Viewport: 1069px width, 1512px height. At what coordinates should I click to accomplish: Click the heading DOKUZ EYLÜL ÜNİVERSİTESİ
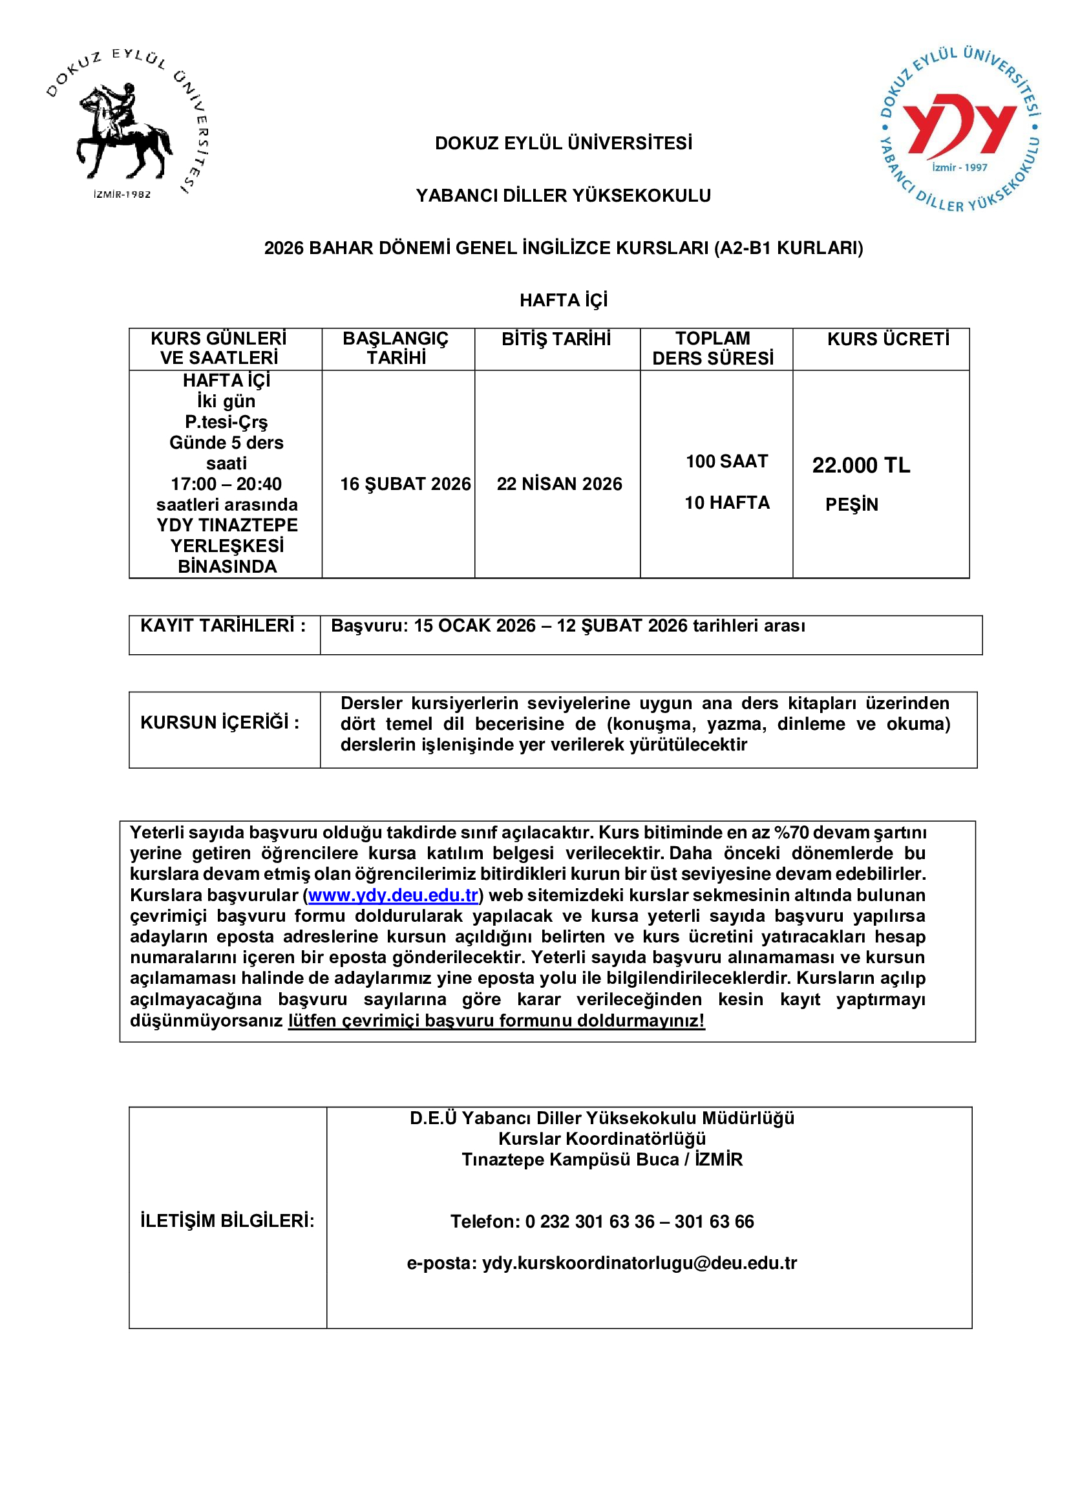[x=564, y=144]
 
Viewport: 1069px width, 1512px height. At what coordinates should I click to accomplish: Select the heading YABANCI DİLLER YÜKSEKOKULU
[x=564, y=196]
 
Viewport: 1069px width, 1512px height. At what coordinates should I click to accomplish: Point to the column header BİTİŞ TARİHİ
[x=556, y=339]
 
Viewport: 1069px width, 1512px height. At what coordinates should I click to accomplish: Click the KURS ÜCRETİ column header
[x=888, y=339]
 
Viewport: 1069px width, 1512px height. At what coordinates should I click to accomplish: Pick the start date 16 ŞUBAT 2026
[x=405, y=484]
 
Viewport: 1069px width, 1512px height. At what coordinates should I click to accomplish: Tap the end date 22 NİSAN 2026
[x=559, y=484]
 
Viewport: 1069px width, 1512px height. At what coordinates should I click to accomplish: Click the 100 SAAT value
[x=726, y=462]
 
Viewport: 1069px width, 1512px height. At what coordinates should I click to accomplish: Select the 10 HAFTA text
[x=726, y=503]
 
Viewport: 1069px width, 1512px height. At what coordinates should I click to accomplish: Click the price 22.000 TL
[x=860, y=465]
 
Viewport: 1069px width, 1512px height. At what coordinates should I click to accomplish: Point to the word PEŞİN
[x=852, y=504]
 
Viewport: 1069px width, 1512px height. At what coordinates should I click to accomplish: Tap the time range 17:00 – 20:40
[x=226, y=484]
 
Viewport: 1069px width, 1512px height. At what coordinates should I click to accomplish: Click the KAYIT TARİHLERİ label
[x=223, y=626]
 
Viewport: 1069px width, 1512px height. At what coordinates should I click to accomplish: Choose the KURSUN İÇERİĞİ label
[x=220, y=723]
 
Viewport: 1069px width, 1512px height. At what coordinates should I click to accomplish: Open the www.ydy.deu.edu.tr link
[x=393, y=895]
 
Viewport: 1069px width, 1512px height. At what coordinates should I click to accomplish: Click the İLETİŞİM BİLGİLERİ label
[x=227, y=1221]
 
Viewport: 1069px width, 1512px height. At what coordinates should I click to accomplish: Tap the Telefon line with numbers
[x=602, y=1222]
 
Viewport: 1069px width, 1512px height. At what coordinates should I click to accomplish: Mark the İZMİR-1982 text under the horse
[x=122, y=195]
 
